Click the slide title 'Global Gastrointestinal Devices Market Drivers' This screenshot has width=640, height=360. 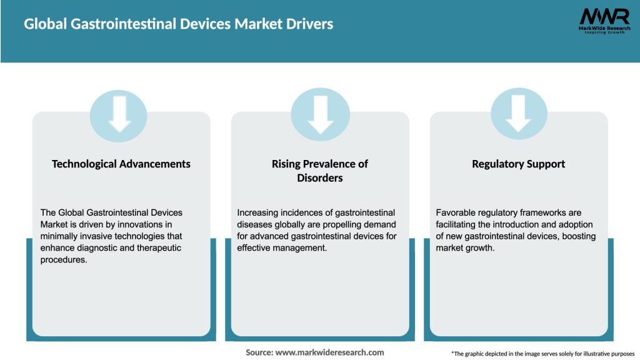(x=178, y=24)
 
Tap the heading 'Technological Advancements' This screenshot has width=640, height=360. (x=121, y=164)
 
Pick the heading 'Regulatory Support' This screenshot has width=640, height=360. (x=518, y=164)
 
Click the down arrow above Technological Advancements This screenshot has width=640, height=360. (x=119, y=113)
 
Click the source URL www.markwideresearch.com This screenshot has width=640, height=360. (x=329, y=352)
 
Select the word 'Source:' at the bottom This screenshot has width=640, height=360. (x=259, y=352)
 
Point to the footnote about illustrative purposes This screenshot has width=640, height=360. (x=542, y=354)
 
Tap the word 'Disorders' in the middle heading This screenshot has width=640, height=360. (x=320, y=178)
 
